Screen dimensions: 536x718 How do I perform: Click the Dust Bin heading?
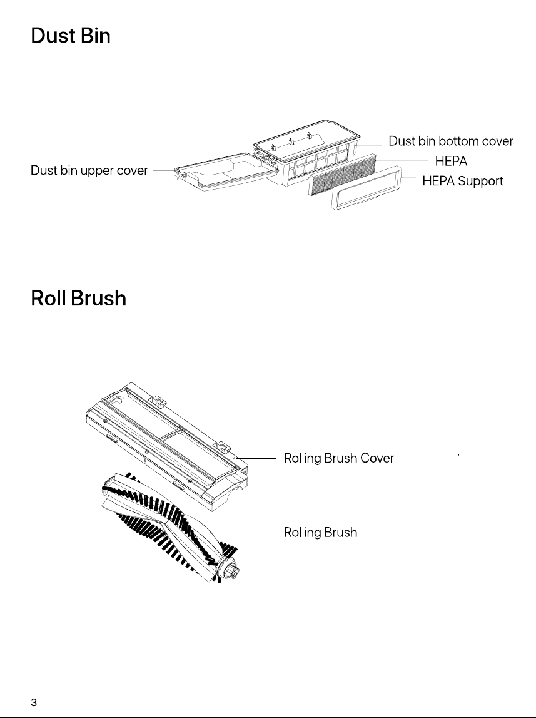(71, 36)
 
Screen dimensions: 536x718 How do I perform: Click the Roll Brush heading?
(78, 298)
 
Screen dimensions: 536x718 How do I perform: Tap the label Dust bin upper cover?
(89, 170)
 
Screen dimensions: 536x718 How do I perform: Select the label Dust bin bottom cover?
(451, 141)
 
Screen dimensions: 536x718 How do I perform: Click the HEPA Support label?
(462, 182)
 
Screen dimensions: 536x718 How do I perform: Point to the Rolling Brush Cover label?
(339, 458)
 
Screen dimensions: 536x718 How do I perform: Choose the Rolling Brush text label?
(321, 533)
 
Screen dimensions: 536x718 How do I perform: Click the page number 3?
(34, 702)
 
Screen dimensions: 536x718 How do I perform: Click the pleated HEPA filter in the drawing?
(342, 175)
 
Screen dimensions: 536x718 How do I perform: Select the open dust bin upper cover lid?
(226, 172)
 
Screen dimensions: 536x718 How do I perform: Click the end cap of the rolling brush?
(230, 570)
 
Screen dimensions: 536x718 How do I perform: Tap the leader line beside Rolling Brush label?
(244, 533)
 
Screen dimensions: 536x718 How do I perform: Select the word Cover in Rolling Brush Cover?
(377, 458)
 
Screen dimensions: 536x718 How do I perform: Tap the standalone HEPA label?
(451, 161)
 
